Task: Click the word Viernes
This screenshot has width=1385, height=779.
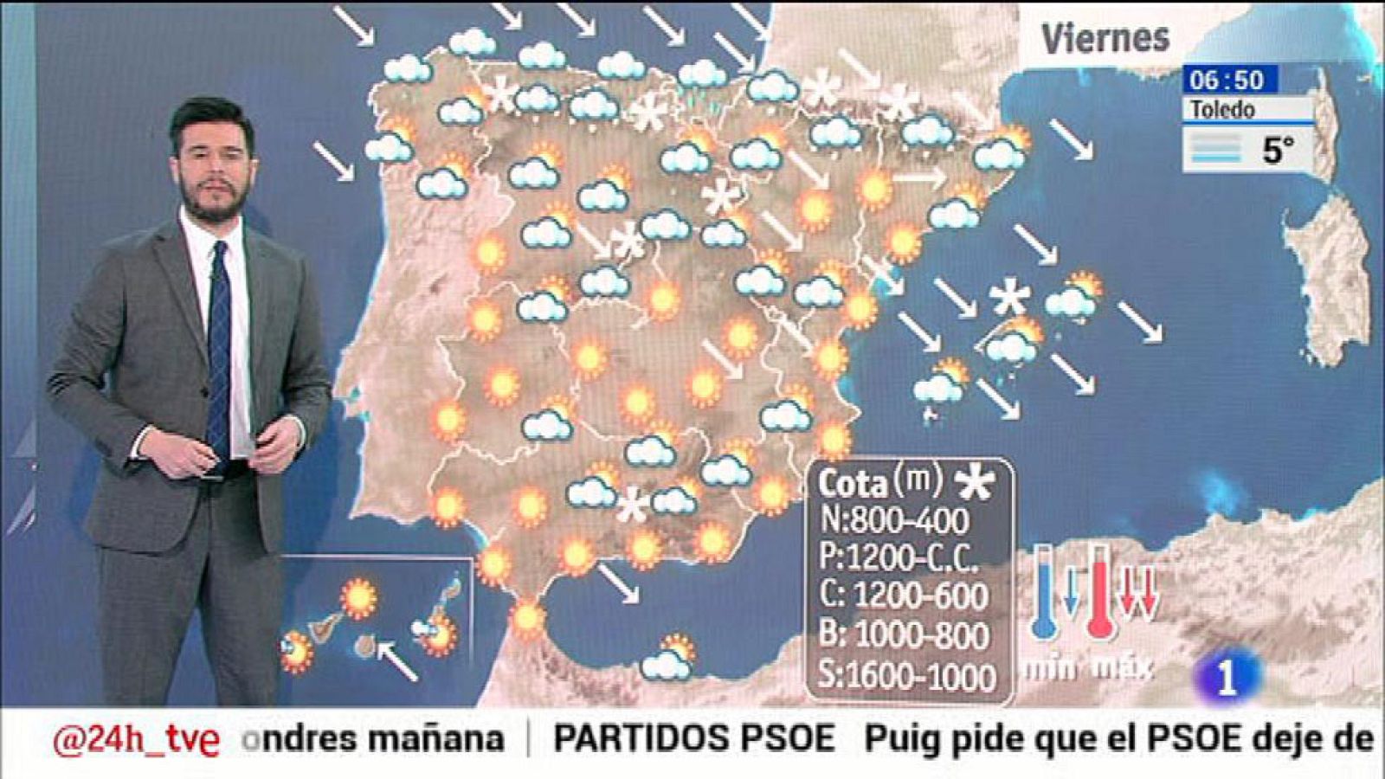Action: point(1105,38)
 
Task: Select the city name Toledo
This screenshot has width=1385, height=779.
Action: point(1221,110)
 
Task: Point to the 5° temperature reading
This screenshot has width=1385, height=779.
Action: point(1278,150)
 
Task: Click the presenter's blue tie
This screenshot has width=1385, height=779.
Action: point(218,346)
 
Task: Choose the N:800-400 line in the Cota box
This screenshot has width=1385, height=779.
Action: point(893,520)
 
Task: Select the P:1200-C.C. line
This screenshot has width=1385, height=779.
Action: point(899,558)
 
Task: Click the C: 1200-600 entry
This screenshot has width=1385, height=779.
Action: point(904,596)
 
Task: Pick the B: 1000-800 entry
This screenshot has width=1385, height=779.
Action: point(904,635)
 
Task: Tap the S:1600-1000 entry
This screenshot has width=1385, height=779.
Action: point(906,675)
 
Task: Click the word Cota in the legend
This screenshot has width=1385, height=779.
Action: point(853,483)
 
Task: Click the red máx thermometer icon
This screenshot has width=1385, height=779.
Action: point(1099,593)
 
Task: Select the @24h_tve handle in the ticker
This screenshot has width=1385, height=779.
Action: point(136,740)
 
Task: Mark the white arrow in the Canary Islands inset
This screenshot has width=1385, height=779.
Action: point(397,660)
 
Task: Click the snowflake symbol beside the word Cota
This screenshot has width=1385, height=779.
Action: point(975,482)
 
